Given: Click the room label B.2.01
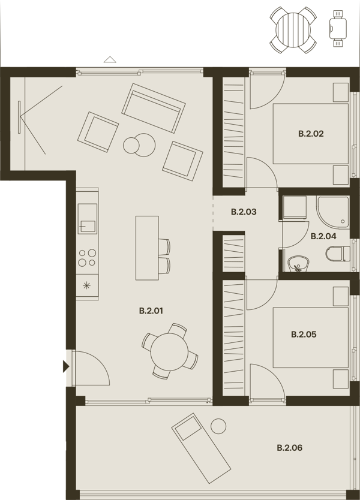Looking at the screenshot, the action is pyautogui.click(x=151, y=311).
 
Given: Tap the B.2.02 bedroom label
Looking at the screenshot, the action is pyautogui.click(x=311, y=134).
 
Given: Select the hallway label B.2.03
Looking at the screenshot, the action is pyautogui.click(x=244, y=212).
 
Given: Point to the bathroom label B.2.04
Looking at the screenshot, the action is pyautogui.click(x=323, y=236).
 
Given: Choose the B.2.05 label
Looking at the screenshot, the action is pyautogui.click(x=304, y=335).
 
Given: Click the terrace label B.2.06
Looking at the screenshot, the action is pyautogui.click(x=289, y=448).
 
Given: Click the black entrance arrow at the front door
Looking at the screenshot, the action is pyautogui.click(x=66, y=367).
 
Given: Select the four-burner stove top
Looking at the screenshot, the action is pyautogui.click(x=88, y=258).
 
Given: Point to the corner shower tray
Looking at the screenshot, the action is pyautogui.click(x=333, y=212).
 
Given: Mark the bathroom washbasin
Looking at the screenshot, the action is pyautogui.click(x=298, y=264).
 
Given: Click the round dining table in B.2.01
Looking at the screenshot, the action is pyautogui.click(x=169, y=352).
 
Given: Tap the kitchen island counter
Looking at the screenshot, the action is pyautogui.click(x=147, y=248).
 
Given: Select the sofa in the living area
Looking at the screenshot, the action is pyautogui.click(x=153, y=108).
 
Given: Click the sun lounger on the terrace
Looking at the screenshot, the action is pyautogui.click(x=201, y=448).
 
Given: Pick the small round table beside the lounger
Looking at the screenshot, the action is pyautogui.click(x=218, y=426).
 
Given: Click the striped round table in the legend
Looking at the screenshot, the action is pyautogui.click(x=293, y=31).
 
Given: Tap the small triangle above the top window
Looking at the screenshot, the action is pyautogui.click(x=110, y=59).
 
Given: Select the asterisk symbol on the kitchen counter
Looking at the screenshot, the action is pyautogui.click(x=86, y=285).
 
